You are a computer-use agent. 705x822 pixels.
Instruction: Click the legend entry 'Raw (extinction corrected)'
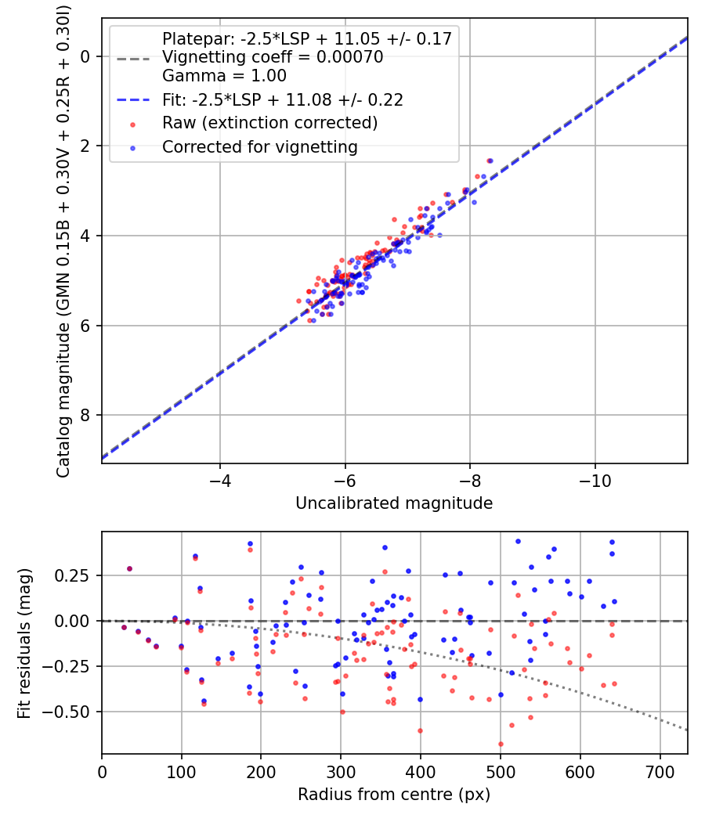(x=269, y=123)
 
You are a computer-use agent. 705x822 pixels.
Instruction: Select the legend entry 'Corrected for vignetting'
(x=259, y=146)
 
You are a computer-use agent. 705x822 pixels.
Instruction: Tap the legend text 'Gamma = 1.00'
(x=224, y=76)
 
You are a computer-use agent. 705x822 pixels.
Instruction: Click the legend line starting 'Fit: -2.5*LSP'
(x=282, y=99)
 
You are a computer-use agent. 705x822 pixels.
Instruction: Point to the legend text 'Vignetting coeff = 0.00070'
(x=273, y=57)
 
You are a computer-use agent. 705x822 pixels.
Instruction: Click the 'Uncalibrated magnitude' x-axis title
(x=394, y=503)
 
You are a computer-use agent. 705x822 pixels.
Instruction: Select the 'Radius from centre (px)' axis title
(x=394, y=794)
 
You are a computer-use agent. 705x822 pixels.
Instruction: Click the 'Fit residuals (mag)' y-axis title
(x=24, y=644)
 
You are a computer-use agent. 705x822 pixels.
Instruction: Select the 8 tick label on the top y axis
(x=86, y=415)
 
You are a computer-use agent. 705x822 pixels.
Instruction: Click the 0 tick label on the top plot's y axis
(x=86, y=56)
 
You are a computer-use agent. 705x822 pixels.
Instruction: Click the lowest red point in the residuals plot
(x=501, y=744)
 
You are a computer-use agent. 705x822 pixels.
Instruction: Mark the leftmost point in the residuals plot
(x=124, y=627)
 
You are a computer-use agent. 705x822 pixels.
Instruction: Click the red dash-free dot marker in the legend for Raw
(x=133, y=124)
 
